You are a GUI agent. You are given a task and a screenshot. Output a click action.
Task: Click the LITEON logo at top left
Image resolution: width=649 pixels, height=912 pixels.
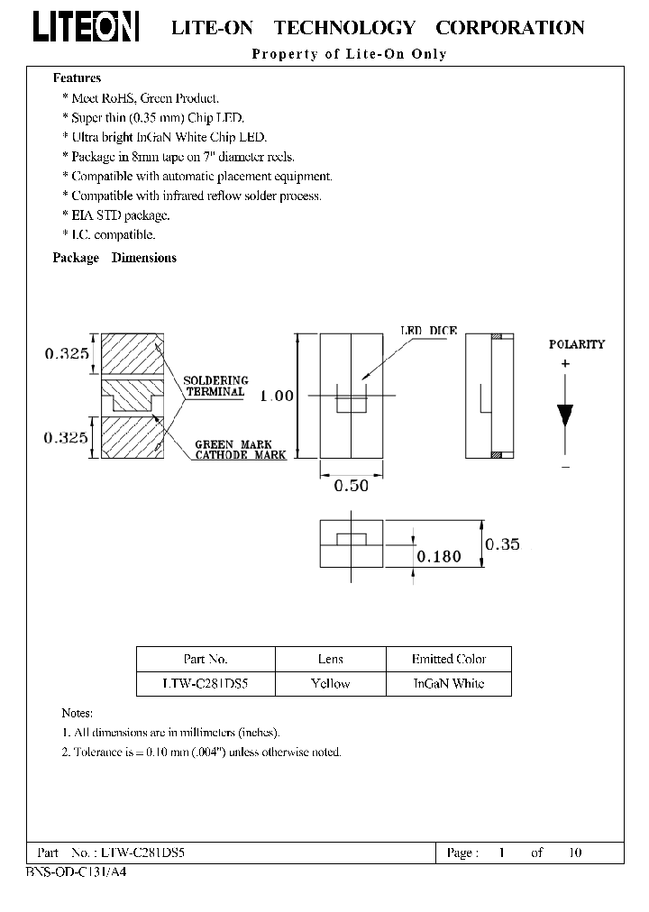pyautogui.click(x=87, y=27)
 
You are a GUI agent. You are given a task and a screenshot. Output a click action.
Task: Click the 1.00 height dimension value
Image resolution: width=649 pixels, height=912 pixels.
pyautogui.click(x=277, y=396)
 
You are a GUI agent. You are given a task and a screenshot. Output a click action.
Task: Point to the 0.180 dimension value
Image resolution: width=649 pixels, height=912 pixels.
pyautogui.click(x=438, y=556)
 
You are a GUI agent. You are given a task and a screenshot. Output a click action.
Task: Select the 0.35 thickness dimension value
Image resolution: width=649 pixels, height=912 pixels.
pyautogui.click(x=503, y=544)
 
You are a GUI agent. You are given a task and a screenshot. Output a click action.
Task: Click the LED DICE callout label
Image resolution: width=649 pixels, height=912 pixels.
pyautogui.click(x=428, y=331)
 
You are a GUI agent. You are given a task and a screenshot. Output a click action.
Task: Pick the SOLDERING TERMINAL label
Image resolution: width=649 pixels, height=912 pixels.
pyautogui.click(x=215, y=386)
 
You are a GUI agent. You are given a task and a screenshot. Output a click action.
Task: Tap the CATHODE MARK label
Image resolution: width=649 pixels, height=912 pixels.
pyautogui.click(x=241, y=455)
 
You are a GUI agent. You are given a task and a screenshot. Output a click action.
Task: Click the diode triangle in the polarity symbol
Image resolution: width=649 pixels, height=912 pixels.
pyautogui.click(x=565, y=415)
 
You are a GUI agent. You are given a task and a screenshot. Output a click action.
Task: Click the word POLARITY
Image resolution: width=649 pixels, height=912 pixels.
pyautogui.click(x=577, y=344)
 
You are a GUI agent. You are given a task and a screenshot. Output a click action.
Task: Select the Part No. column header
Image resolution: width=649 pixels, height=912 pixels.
pyautogui.click(x=205, y=659)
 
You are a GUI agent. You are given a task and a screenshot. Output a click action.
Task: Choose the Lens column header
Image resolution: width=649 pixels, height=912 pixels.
pyautogui.click(x=330, y=659)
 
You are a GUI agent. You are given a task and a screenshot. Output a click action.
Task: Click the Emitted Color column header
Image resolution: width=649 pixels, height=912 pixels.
pyautogui.click(x=448, y=659)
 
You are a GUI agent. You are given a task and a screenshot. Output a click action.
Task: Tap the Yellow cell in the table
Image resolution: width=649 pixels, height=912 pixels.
pyautogui.click(x=330, y=683)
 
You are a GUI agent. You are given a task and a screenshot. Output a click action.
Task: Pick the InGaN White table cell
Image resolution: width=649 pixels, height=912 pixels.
pyautogui.click(x=448, y=683)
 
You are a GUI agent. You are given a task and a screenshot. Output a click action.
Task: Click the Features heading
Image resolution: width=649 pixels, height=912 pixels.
pyautogui.click(x=77, y=78)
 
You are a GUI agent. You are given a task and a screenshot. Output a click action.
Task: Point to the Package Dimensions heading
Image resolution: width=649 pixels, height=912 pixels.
pyautogui.click(x=114, y=258)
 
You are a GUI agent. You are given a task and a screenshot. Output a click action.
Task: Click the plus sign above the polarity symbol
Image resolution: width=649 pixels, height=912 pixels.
pyautogui.click(x=565, y=363)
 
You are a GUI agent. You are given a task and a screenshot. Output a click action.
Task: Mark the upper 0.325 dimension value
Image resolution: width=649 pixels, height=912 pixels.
pyautogui.click(x=68, y=354)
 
